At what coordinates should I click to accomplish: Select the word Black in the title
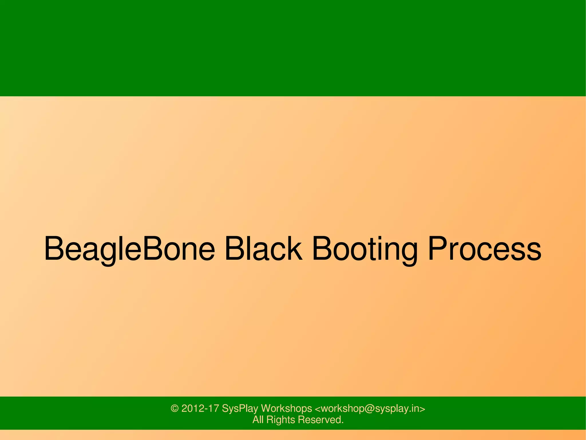(263, 249)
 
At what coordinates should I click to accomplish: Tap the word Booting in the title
(365, 249)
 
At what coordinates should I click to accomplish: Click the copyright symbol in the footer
(175, 408)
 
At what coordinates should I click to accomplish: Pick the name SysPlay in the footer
(240, 408)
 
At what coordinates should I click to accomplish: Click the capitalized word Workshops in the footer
(286, 408)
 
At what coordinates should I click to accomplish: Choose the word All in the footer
(258, 420)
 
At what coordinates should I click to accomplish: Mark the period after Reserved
(342, 423)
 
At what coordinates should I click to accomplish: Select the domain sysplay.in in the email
(397, 408)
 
